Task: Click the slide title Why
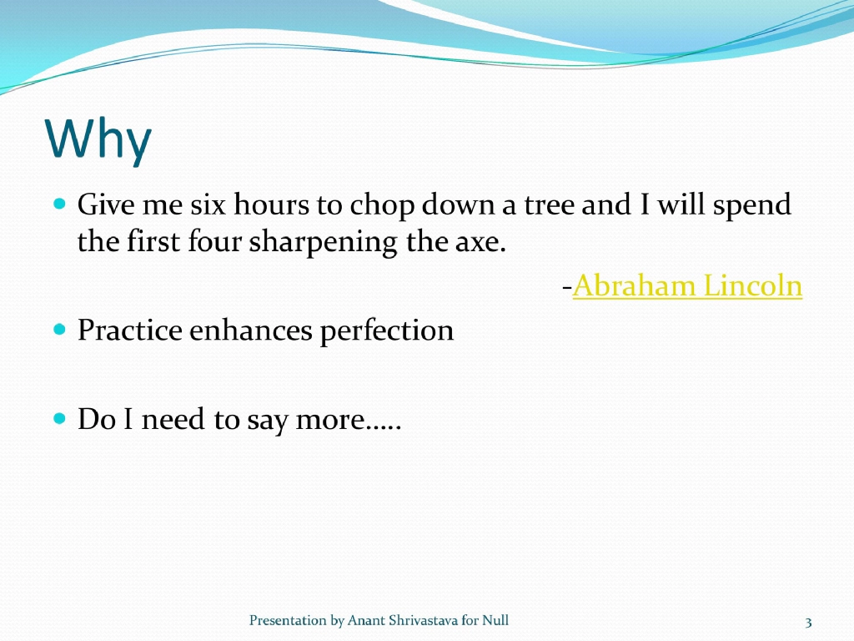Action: point(98,139)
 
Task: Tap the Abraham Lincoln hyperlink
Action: point(687,286)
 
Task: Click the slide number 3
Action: point(808,622)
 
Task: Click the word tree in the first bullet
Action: point(550,204)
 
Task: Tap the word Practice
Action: point(129,331)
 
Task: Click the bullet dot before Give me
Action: point(59,204)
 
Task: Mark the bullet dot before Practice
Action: point(59,331)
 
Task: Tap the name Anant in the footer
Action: point(364,620)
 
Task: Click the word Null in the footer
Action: point(496,620)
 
